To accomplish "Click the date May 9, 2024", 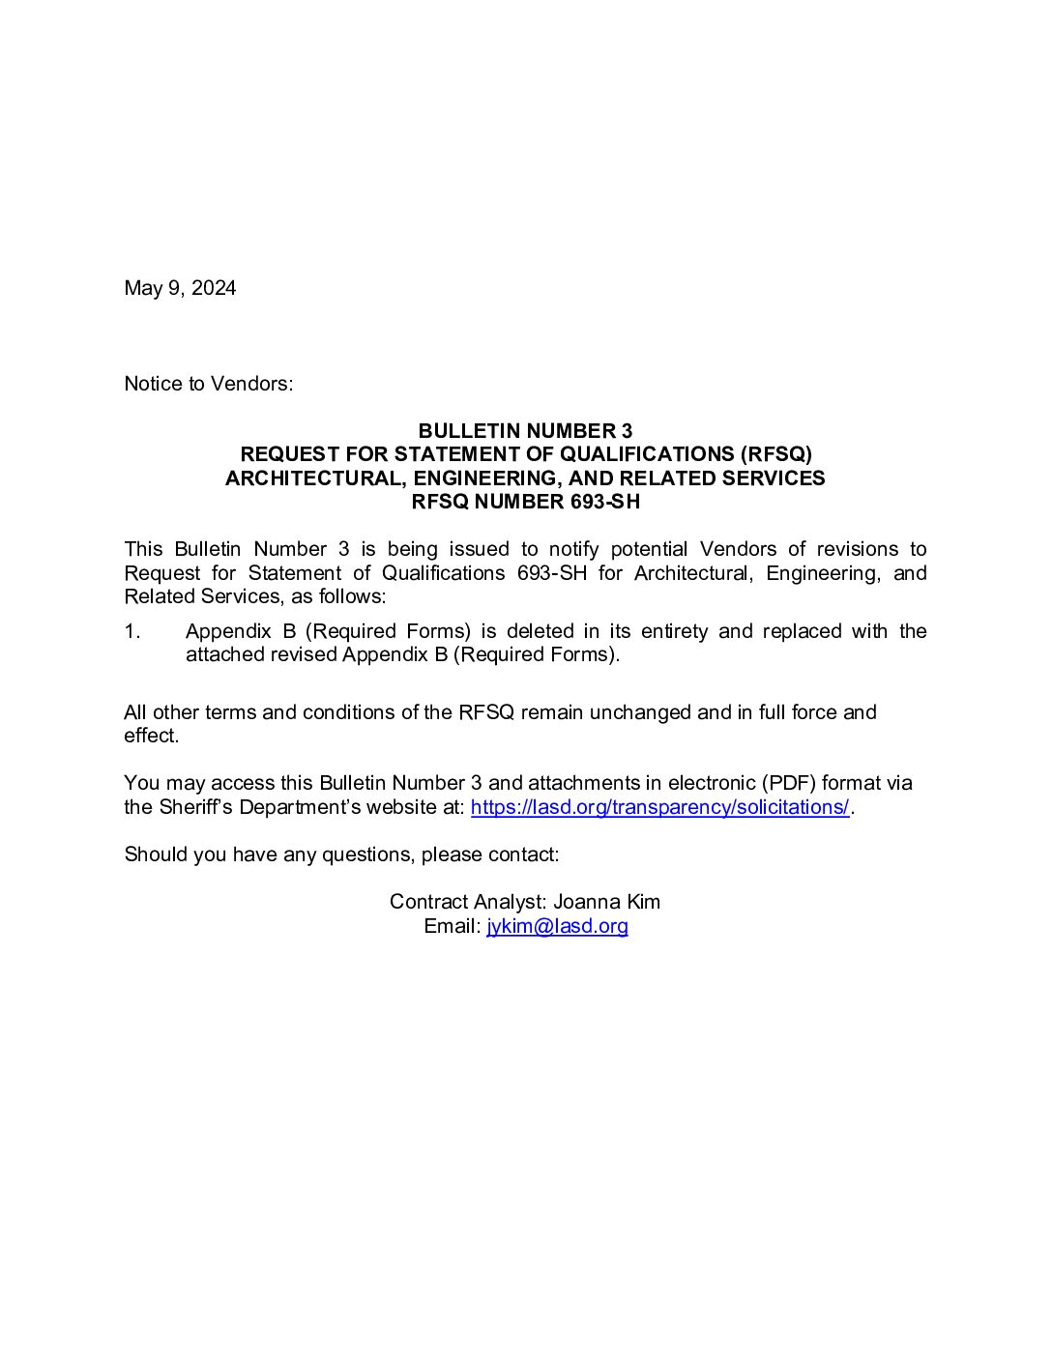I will pos(180,288).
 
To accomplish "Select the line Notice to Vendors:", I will pos(208,384).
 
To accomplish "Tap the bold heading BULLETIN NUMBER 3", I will pos(525,431).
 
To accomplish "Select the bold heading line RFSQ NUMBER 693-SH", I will pos(525,502).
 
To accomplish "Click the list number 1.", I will pos(132,631).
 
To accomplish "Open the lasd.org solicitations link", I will pos(659,807).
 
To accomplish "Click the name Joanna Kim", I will pos(606,902).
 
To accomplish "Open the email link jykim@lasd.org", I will pos(557,926).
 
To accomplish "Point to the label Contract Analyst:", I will pos(468,902).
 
